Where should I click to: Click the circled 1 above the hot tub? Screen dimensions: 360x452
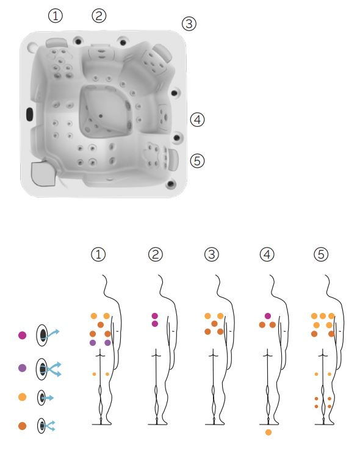[56, 16]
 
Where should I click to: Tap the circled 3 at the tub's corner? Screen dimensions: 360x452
[189, 24]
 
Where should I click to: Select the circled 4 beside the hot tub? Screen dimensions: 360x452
[197, 120]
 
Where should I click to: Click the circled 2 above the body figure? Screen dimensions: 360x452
[156, 254]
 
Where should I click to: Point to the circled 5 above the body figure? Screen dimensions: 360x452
[321, 254]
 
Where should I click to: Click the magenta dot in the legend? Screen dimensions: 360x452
[22, 335]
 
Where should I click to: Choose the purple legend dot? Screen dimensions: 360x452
[22, 368]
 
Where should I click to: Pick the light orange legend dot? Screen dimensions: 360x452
[22, 397]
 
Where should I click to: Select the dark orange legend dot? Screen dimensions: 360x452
[22, 426]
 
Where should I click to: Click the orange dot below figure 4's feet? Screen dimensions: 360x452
[268, 432]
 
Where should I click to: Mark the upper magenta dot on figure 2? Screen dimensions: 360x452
[155, 316]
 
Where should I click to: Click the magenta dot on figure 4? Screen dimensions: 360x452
[268, 316]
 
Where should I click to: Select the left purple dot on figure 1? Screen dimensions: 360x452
[93, 343]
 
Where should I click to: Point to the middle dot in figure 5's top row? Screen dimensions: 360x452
[323, 316]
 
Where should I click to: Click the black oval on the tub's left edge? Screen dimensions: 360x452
[29, 114]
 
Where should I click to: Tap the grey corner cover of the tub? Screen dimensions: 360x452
[43, 173]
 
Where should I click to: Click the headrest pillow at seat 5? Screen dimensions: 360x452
[173, 160]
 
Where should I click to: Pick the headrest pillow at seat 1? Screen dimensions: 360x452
[57, 43]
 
